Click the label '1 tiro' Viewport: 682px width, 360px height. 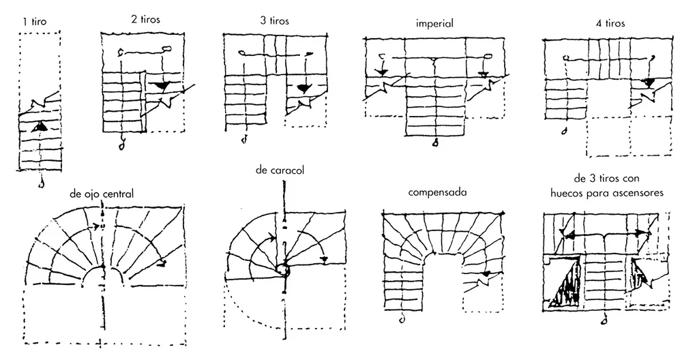pyautogui.click(x=34, y=21)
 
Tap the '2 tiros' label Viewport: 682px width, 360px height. pyautogui.click(x=145, y=20)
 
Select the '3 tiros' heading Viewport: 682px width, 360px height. pyautogui.click(x=274, y=20)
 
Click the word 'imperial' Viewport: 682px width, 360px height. pyautogui.click(x=434, y=23)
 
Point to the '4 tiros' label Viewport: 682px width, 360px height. pyautogui.click(x=610, y=23)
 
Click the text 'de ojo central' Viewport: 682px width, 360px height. pyautogui.click(x=102, y=194)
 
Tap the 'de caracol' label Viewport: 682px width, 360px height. pyautogui.click(x=280, y=170)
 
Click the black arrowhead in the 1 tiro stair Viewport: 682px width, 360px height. pyautogui.click(x=40, y=126)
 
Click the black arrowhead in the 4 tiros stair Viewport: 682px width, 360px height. pyautogui.click(x=649, y=82)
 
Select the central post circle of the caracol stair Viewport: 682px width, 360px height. pyautogui.click(x=284, y=270)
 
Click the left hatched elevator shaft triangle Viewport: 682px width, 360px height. pyautogui.click(x=565, y=282)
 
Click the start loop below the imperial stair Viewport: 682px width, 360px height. pyautogui.click(x=434, y=142)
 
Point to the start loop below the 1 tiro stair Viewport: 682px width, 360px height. pyautogui.click(x=41, y=184)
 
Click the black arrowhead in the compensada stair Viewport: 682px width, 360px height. pyautogui.click(x=486, y=274)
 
